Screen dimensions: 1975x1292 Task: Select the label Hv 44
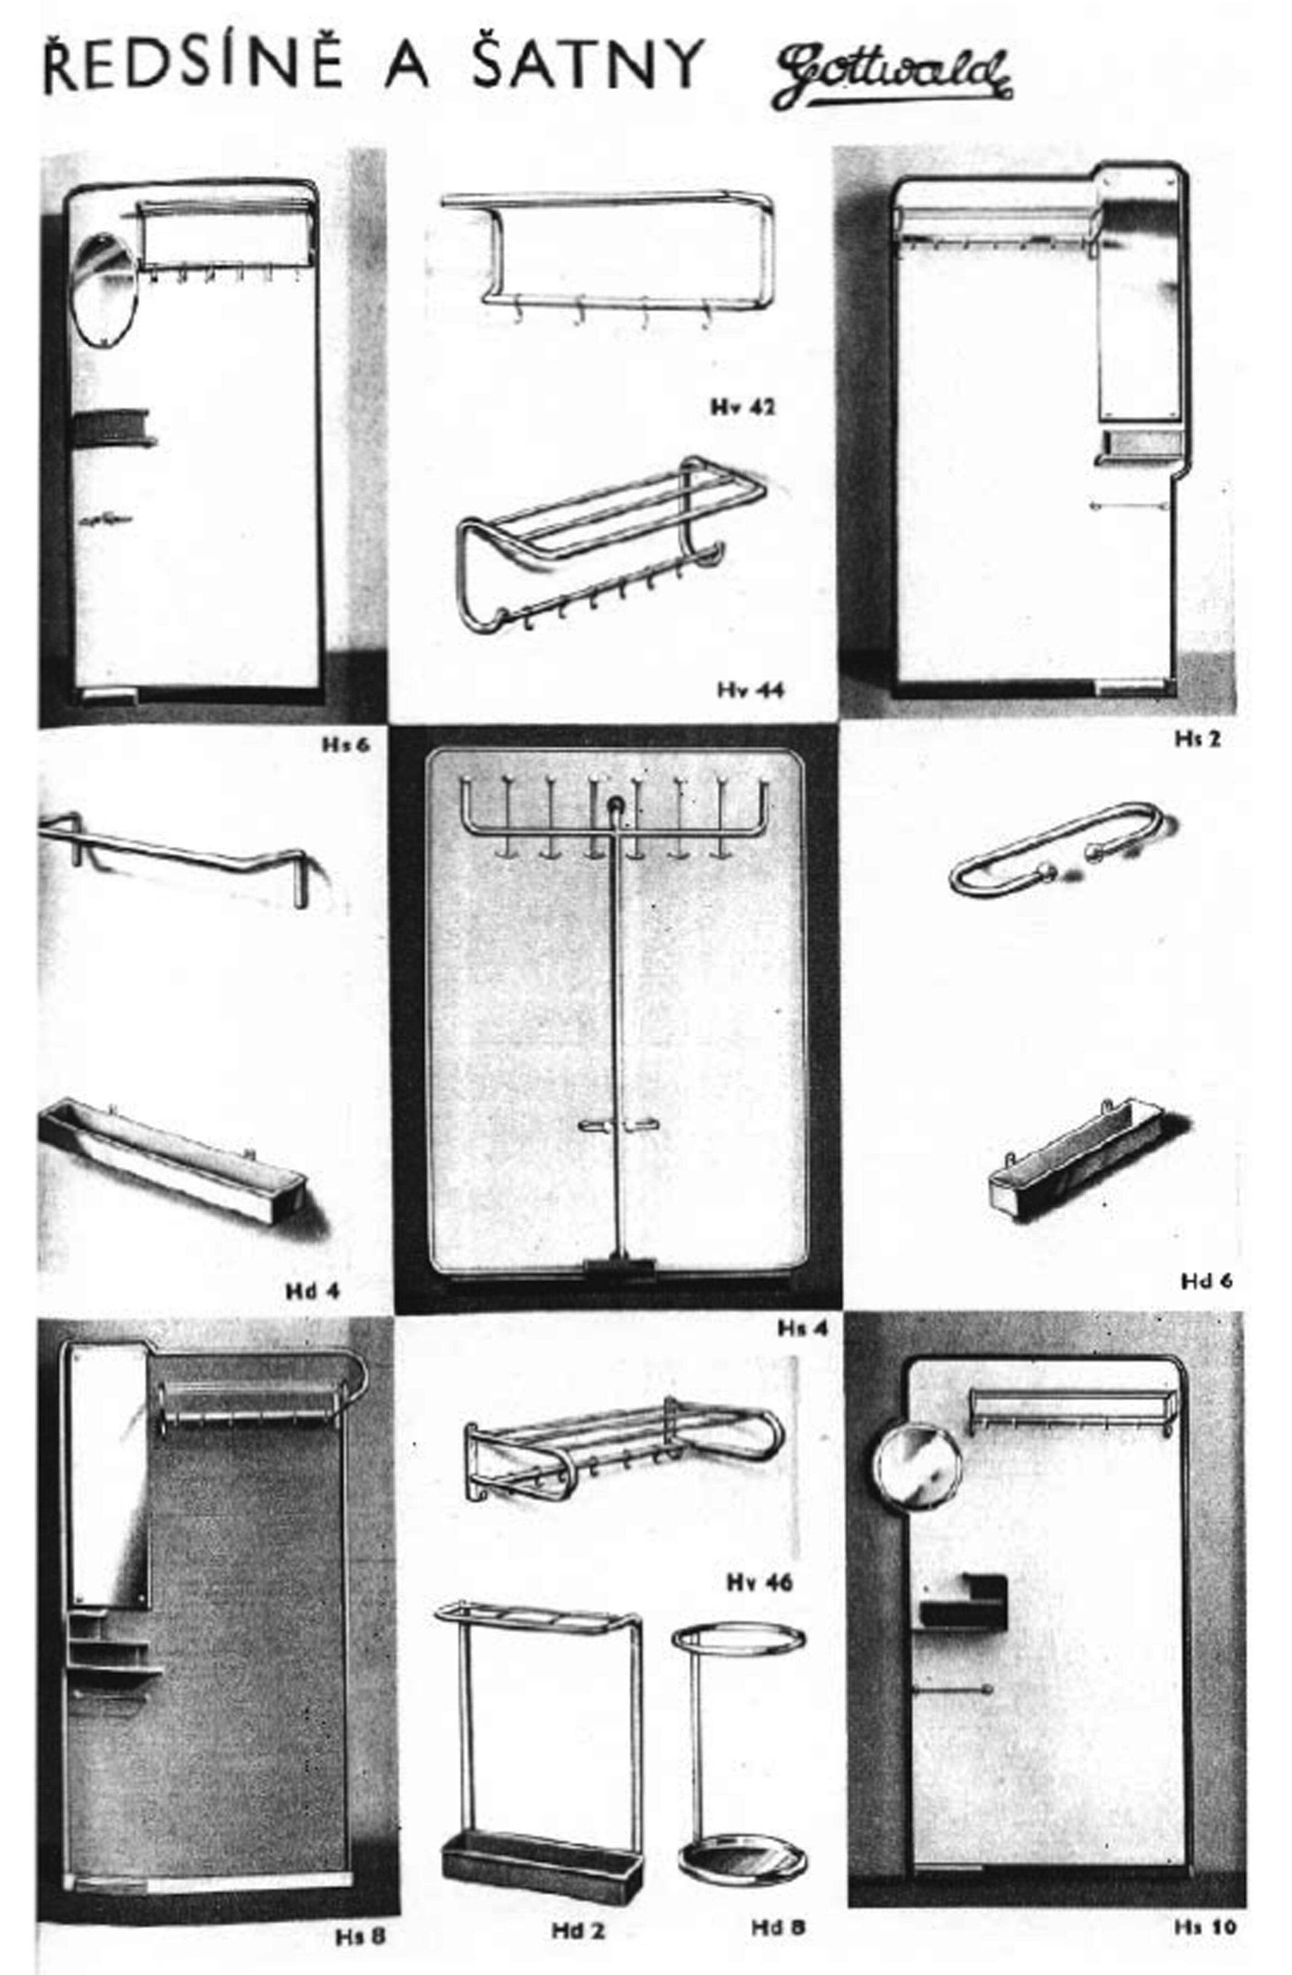749,690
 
